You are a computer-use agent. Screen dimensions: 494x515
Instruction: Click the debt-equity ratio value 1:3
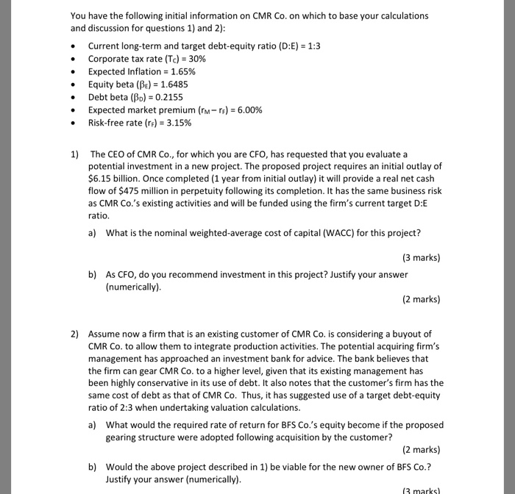[312, 46]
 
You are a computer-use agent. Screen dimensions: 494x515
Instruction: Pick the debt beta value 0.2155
[166, 97]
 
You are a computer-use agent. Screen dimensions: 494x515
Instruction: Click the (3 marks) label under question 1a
[421, 258]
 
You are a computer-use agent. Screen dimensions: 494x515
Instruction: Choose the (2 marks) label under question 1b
[421, 299]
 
